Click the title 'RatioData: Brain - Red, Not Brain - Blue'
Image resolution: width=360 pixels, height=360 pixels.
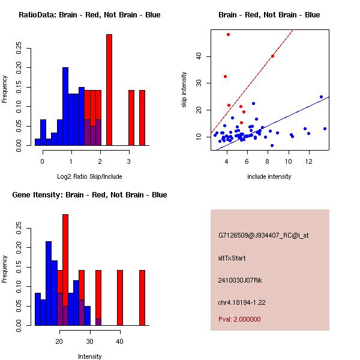pyautogui.click(x=89, y=15)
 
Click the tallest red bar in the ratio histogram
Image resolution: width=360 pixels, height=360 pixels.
pyautogui.click(x=109, y=90)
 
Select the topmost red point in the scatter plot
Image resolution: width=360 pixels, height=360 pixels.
pyautogui.click(x=228, y=35)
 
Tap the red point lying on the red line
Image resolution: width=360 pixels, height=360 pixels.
pyautogui.click(x=273, y=56)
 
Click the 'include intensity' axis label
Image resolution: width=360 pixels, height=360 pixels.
pyautogui.click(x=269, y=176)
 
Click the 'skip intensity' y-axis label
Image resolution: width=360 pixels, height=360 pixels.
pyautogui.click(x=185, y=90)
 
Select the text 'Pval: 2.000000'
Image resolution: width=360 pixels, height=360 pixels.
pyautogui.click(x=239, y=319)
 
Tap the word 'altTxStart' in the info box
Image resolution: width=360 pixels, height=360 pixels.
pyautogui.click(x=232, y=258)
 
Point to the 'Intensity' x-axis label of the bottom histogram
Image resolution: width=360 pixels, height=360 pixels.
pyautogui.click(x=89, y=356)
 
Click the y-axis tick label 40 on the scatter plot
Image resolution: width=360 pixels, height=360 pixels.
pyautogui.click(x=200, y=56)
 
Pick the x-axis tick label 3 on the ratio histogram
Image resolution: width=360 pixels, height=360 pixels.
pyautogui.click(x=128, y=162)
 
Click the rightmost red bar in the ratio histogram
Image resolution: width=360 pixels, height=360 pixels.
pyautogui.click(x=142, y=118)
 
